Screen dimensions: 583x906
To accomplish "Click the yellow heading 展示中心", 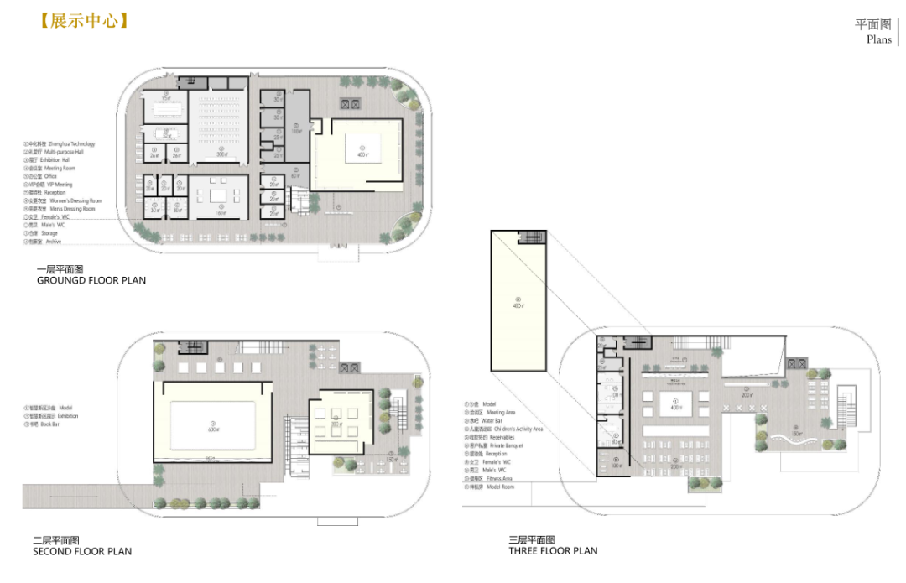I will point(84,21).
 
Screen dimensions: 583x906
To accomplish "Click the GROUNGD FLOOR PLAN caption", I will point(91,280).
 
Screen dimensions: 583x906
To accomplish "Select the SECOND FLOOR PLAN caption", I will point(82,551).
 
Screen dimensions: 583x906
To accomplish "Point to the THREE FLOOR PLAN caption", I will point(553,551).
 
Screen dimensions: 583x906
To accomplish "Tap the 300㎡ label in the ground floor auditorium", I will point(222,154).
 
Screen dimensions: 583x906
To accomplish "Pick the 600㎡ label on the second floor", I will point(213,429).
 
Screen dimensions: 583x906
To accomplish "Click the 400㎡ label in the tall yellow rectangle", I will point(518,305).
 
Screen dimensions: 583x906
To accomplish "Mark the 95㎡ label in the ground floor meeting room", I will point(166,98).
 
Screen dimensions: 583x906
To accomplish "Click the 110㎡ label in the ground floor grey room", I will point(296,132).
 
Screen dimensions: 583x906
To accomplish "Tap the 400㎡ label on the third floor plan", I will point(676,407).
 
